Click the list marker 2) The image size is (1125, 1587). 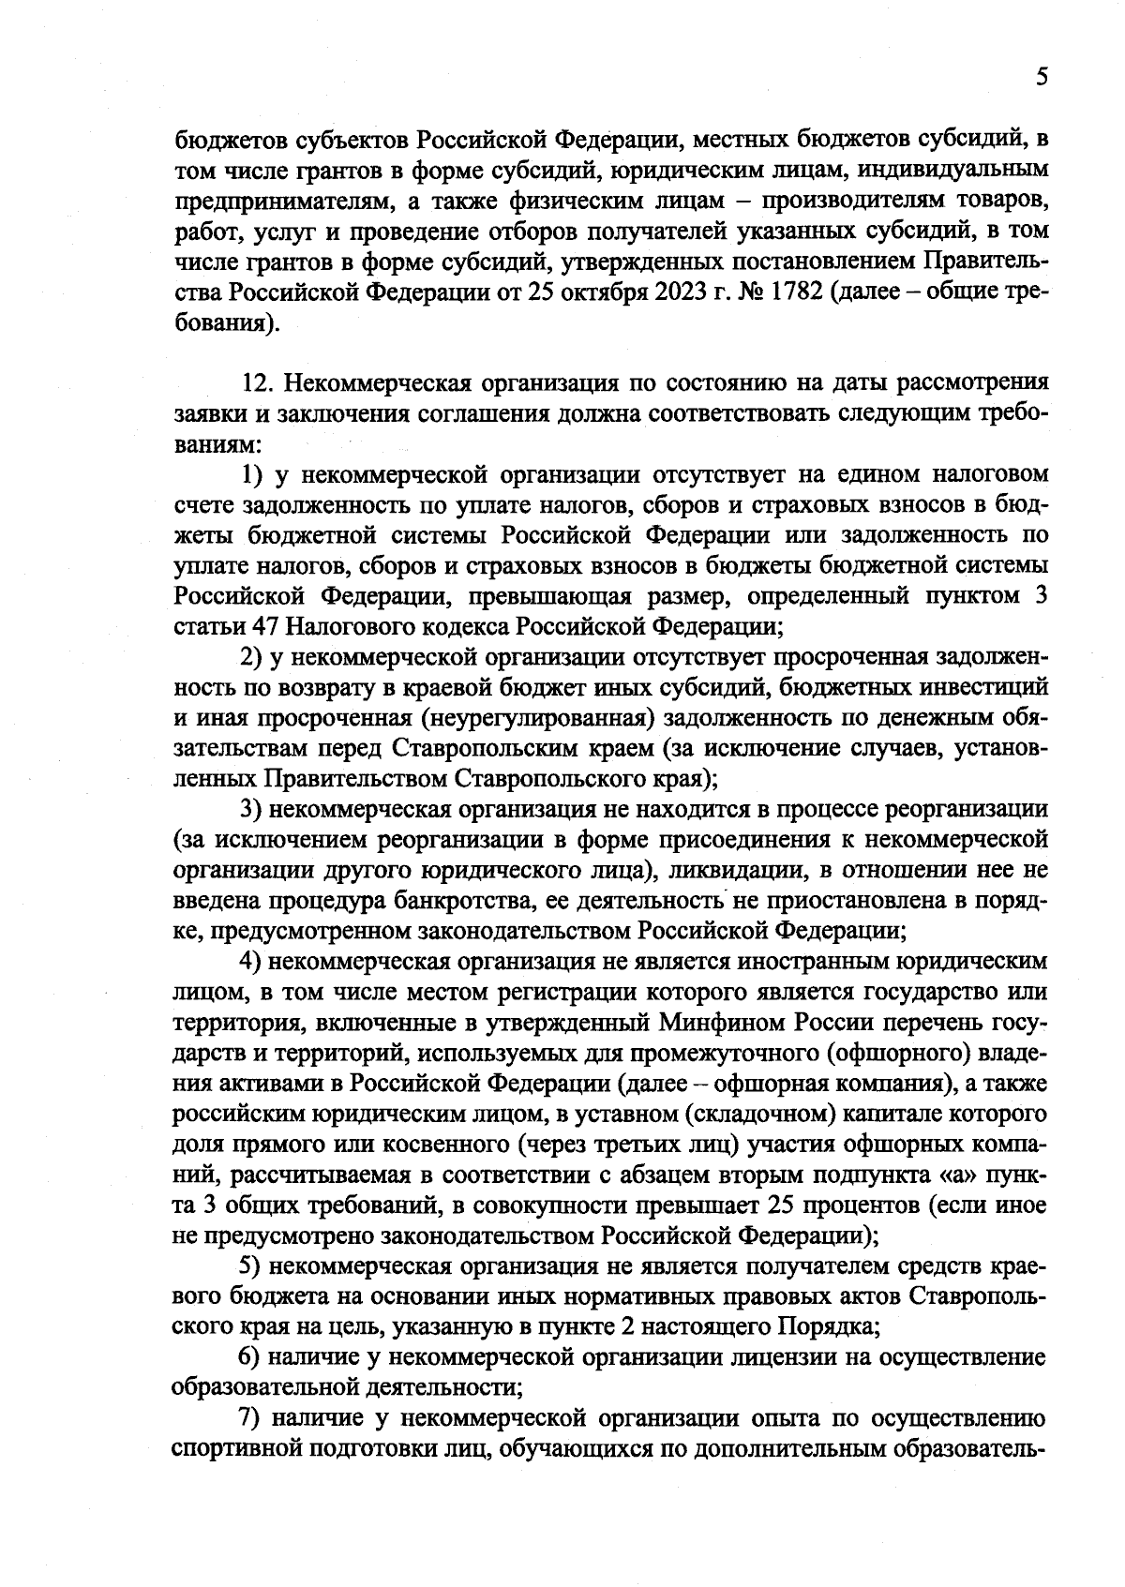[250, 657]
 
